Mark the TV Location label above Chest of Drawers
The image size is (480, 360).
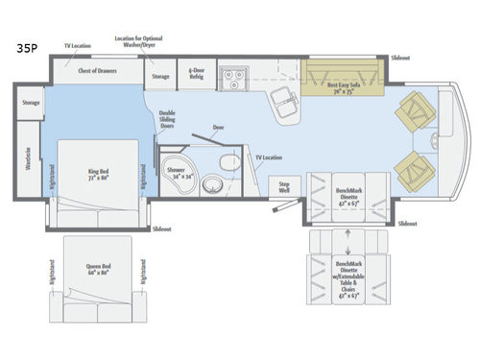[x=79, y=45]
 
